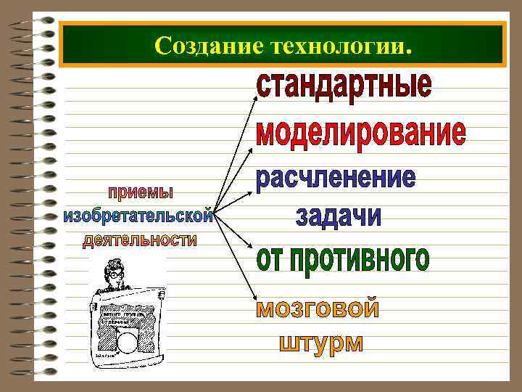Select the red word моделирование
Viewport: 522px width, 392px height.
(361, 134)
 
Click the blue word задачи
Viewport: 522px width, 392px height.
(338, 216)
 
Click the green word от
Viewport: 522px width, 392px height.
(272, 258)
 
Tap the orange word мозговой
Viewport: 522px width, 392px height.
(318, 309)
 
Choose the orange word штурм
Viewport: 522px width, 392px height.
(321, 342)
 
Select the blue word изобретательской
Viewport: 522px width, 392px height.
(138, 216)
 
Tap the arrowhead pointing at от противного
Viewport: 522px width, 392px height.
(253, 249)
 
